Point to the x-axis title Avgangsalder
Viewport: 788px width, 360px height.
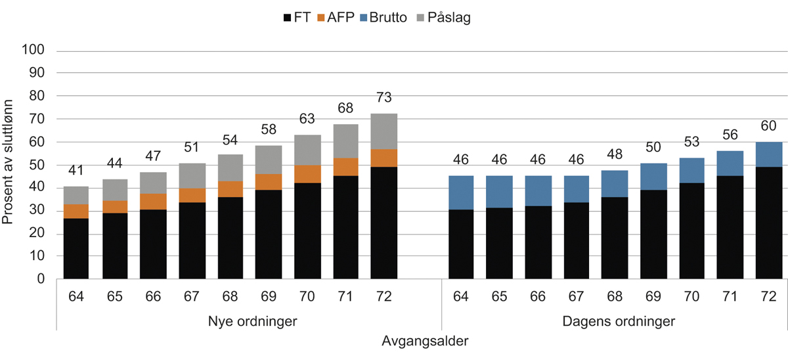[x=424, y=342]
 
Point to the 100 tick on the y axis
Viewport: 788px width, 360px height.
[x=34, y=51]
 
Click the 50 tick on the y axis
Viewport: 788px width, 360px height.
[x=37, y=166]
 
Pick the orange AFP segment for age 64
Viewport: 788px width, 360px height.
[x=76, y=212]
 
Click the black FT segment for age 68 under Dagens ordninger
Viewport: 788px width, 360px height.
[x=614, y=238]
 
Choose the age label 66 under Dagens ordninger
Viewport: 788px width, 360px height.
[x=537, y=296]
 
